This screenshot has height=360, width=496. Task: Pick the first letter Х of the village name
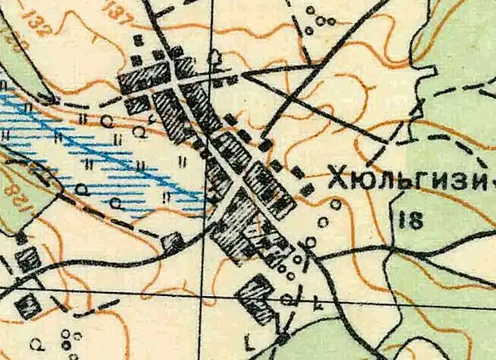click(338, 178)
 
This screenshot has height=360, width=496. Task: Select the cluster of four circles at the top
click(316, 18)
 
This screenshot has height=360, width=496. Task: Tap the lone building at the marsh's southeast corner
click(173, 241)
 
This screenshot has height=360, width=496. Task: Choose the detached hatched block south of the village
click(256, 299)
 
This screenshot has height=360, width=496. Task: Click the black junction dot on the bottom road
click(284, 338)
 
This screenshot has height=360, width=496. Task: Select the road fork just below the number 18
click(390, 247)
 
